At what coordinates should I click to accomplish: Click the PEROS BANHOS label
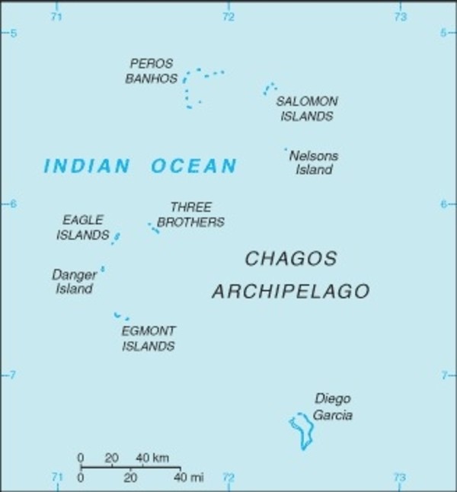pyautogui.click(x=152, y=71)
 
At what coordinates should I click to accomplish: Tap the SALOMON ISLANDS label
pyautogui.click(x=306, y=109)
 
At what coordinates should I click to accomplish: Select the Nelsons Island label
pyautogui.click(x=313, y=163)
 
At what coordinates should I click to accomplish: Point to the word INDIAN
pyautogui.click(x=87, y=166)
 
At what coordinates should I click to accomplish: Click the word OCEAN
pyautogui.click(x=193, y=166)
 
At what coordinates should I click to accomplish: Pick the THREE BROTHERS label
pyautogui.click(x=190, y=215)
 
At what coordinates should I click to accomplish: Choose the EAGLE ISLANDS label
pyautogui.click(x=82, y=228)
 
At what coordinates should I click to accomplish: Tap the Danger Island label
pyautogui.click(x=74, y=281)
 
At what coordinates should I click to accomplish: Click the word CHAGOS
pyautogui.click(x=290, y=259)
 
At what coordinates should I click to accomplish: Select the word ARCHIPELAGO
pyautogui.click(x=290, y=292)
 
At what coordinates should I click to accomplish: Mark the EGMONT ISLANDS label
pyautogui.click(x=148, y=339)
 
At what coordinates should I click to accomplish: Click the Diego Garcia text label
pyautogui.click(x=332, y=407)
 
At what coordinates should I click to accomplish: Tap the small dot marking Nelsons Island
pyautogui.click(x=286, y=149)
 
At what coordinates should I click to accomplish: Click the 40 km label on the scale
pyautogui.click(x=152, y=458)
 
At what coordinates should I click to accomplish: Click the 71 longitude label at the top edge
pyautogui.click(x=56, y=17)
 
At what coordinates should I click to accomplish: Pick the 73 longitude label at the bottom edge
pyautogui.click(x=398, y=478)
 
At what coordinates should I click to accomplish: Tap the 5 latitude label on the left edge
pyautogui.click(x=13, y=34)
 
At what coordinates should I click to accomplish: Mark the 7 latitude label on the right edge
pyautogui.click(x=443, y=375)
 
